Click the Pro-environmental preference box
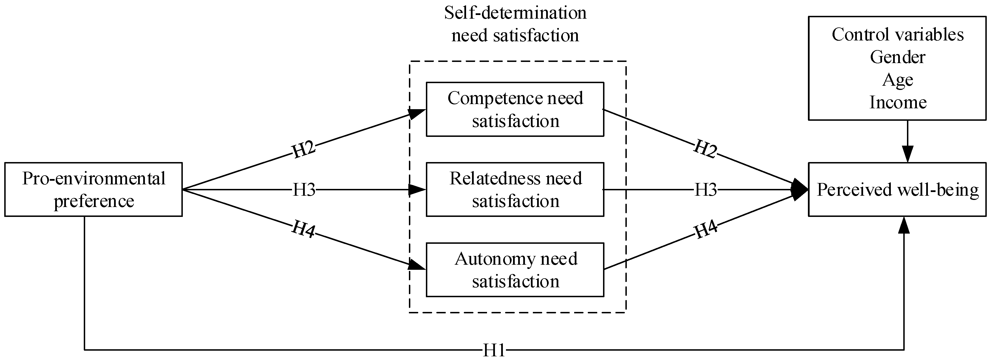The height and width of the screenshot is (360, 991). [x=93, y=189]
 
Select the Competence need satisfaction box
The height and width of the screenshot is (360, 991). [x=515, y=109]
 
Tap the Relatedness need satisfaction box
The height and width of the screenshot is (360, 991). [x=515, y=189]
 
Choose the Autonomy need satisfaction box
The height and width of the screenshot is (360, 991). [x=515, y=270]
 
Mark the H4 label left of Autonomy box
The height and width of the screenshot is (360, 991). [x=304, y=229]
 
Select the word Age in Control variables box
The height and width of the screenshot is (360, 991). [x=898, y=80]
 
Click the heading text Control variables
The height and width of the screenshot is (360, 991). [x=898, y=35]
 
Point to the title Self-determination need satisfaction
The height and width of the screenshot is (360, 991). [x=515, y=24]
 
